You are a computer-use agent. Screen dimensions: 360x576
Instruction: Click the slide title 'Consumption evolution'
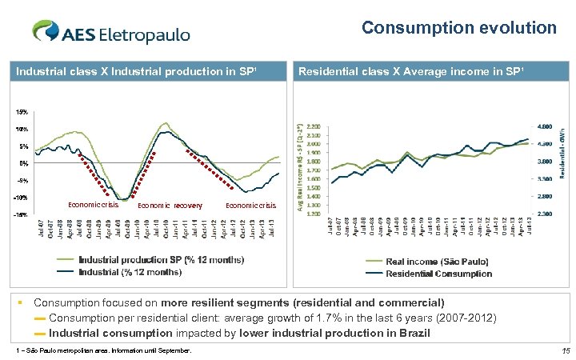[x=458, y=28]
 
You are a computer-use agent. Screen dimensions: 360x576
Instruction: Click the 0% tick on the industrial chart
[x=23, y=163]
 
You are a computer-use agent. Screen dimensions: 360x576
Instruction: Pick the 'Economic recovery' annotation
[x=170, y=206]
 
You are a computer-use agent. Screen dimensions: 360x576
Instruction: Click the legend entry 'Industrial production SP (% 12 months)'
[x=161, y=259]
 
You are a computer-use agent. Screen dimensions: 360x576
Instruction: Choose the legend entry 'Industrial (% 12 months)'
[x=130, y=271]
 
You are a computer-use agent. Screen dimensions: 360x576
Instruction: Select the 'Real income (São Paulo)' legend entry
[x=437, y=262]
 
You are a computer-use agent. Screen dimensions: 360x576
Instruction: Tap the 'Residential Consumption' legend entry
[x=438, y=274]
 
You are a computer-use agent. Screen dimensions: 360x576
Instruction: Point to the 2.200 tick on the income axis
[x=314, y=126]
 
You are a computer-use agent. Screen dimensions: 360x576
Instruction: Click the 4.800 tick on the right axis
[x=542, y=126]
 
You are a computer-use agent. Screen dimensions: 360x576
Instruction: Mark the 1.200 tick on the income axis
[x=314, y=214]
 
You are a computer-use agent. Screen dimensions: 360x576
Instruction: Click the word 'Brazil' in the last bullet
[x=414, y=332]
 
